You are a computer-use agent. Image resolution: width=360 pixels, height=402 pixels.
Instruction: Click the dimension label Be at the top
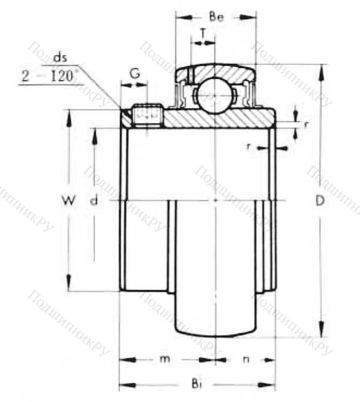216,17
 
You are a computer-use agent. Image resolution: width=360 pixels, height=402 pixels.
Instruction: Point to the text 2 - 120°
50,76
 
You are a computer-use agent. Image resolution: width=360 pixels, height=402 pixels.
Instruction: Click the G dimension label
134,73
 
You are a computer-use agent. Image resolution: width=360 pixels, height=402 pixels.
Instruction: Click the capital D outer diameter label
320,201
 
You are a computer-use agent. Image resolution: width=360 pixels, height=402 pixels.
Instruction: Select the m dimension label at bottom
164,359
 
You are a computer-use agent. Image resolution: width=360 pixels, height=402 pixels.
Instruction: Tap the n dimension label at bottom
246,359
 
